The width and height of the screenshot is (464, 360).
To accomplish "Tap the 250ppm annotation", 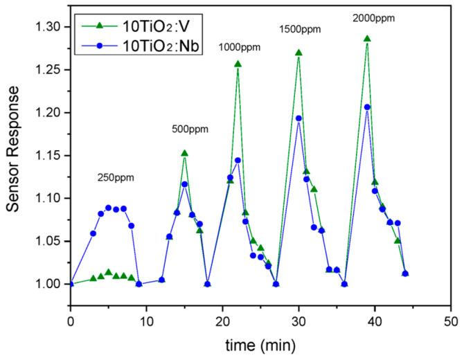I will tap(115, 178).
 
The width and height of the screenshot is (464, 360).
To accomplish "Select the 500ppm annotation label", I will tap(190, 129).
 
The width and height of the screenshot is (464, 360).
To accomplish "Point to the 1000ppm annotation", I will tap(240, 47).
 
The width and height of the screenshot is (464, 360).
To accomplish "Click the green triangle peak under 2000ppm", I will tap(367, 39).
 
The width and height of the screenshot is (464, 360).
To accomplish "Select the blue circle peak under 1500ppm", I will tap(298, 118).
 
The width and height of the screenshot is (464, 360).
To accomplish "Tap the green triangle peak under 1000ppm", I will tap(238, 64).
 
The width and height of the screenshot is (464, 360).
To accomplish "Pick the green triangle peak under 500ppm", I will tap(184, 153).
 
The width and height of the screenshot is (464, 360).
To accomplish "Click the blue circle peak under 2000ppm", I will tap(367, 107).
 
